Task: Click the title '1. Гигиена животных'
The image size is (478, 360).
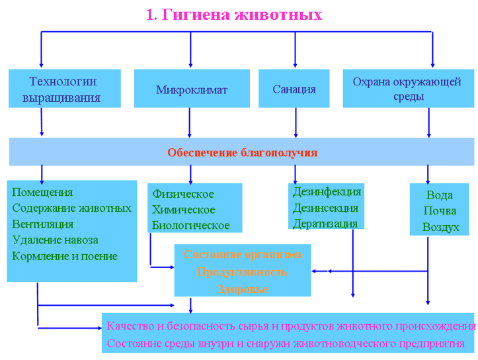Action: click(x=234, y=15)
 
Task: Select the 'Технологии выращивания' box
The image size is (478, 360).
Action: click(x=64, y=89)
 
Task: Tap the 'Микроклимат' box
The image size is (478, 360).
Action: click(x=192, y=89)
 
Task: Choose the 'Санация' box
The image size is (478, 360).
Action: click(x=294, y=89)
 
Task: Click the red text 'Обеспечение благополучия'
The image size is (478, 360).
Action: click(x=242, y=153)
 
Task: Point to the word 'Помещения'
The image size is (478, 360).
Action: click(x=42, y=192)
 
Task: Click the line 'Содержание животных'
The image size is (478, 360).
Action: click(x=71, y=208)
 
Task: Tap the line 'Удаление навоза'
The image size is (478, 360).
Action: click(x=55, y=240)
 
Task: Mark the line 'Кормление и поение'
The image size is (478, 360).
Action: click(x=65, y=256)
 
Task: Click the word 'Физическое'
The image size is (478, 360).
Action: click(x=183, y=194)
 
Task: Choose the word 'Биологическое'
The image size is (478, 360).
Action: click(x=191, y=225)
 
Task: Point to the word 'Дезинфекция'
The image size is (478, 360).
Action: click(x=327, y=192)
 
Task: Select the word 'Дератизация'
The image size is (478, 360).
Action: click(x=325, y=224)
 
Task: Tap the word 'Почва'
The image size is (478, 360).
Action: click(x=440, y=211)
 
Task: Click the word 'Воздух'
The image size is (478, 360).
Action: click(x=440, y=227)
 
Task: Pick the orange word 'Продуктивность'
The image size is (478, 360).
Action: click(x=242, y=271)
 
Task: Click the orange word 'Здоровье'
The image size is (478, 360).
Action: click(x=242, y=289)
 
